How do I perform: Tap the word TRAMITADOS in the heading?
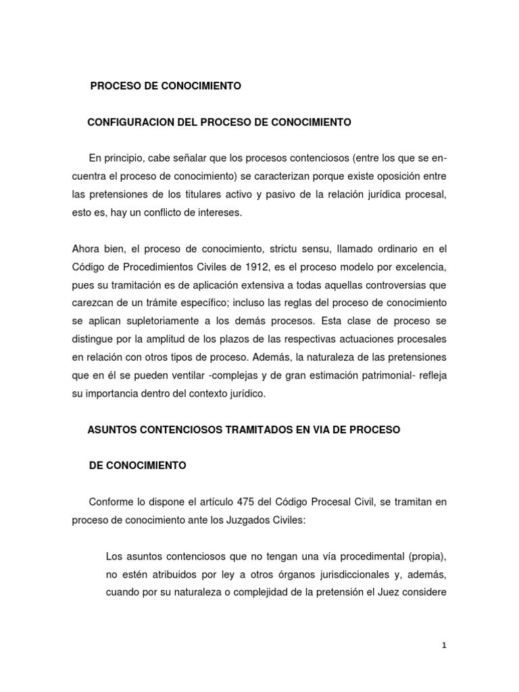[x=272, y=430]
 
